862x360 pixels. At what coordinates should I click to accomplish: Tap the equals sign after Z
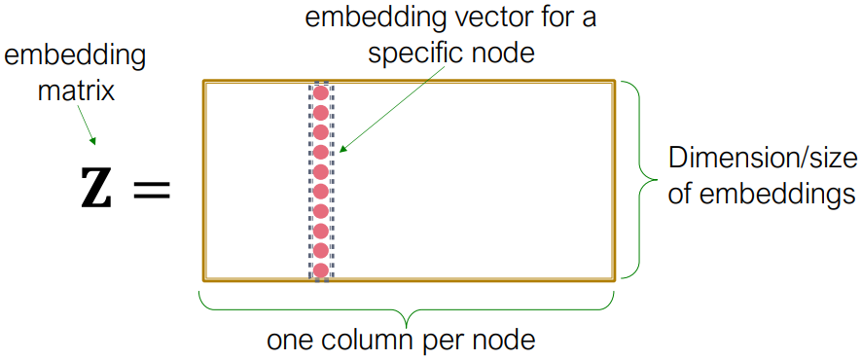click(151, 192)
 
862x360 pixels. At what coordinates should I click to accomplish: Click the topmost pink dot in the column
click(320, 94)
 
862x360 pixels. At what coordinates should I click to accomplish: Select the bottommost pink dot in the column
click(320, 270)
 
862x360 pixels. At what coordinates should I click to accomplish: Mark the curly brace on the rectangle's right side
click(642, 180)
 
